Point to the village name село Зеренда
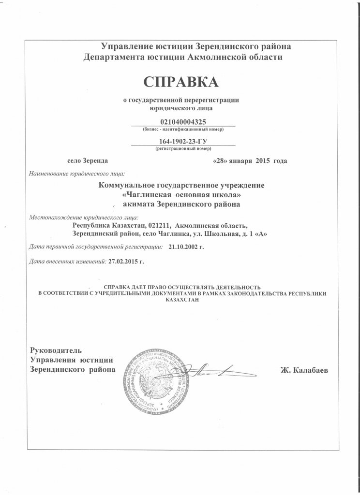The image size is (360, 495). point(88,160)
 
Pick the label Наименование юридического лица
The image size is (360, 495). point(77,173)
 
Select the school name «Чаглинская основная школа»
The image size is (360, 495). point(182,195)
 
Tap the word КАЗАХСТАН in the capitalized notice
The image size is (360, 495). point(182,300)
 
